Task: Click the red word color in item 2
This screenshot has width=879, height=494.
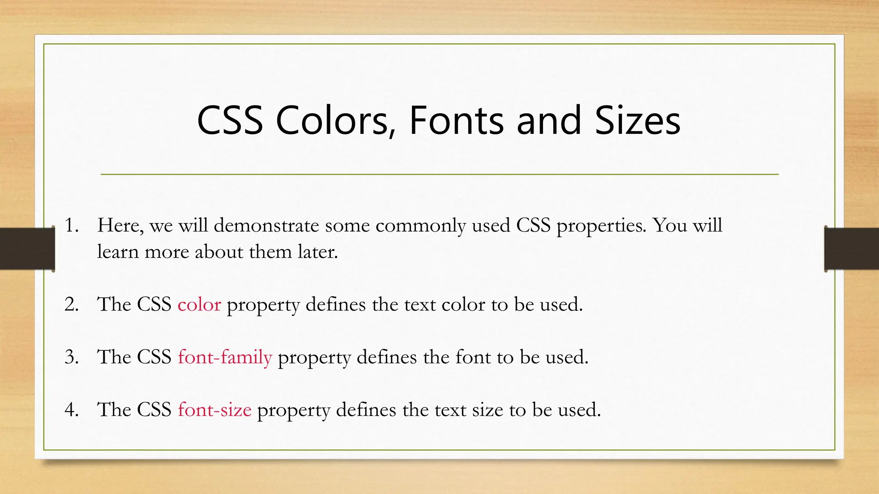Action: (199, 304)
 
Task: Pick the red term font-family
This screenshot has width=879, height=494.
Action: (225, 357)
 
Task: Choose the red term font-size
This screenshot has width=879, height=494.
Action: (215, 410)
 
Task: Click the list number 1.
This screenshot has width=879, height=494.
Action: (71, 226)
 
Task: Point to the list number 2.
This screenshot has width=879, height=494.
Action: (71, 304)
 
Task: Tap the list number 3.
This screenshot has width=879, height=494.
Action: (71, 357)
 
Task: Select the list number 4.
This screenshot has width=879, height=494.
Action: (71, 410)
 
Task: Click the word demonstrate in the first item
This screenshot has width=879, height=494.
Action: (266, 226)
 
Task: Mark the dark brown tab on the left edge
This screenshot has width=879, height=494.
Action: (27, 249)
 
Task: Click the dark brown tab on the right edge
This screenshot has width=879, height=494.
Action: (852, 249)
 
